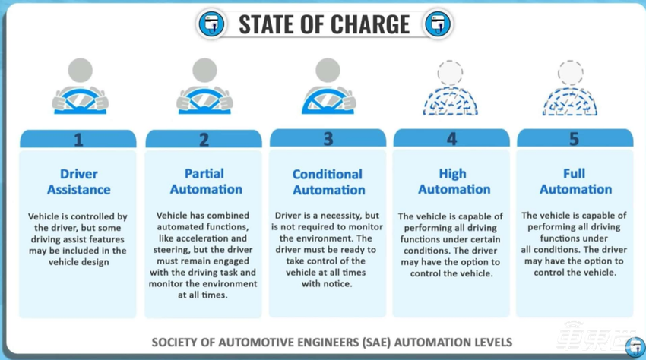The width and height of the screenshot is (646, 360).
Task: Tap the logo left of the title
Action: point(212,24)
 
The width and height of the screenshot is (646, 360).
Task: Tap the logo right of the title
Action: point(437,24)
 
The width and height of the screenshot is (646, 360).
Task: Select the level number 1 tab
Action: point(78,140)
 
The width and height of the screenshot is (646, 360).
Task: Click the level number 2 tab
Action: point(204,140)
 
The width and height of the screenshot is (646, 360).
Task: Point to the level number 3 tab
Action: point(328,139)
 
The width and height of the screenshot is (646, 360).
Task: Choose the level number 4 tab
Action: point(452,139)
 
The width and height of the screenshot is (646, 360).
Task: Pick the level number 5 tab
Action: point(575,139)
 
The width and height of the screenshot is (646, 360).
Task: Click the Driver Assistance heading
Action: point(78,182)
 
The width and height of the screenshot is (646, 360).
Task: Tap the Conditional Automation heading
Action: point(328,182)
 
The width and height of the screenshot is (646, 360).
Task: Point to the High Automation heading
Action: point(451,181)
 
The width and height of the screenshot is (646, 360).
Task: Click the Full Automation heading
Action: point(575,181)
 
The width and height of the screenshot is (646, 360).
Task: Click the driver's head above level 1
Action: point(81,71)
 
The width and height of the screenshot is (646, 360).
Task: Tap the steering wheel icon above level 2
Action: point(204,101)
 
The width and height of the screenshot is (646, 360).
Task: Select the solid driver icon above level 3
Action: point(329,87)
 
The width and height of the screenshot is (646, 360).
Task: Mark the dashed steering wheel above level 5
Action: point(570,103)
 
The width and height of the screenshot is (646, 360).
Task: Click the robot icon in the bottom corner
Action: point(634,347)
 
